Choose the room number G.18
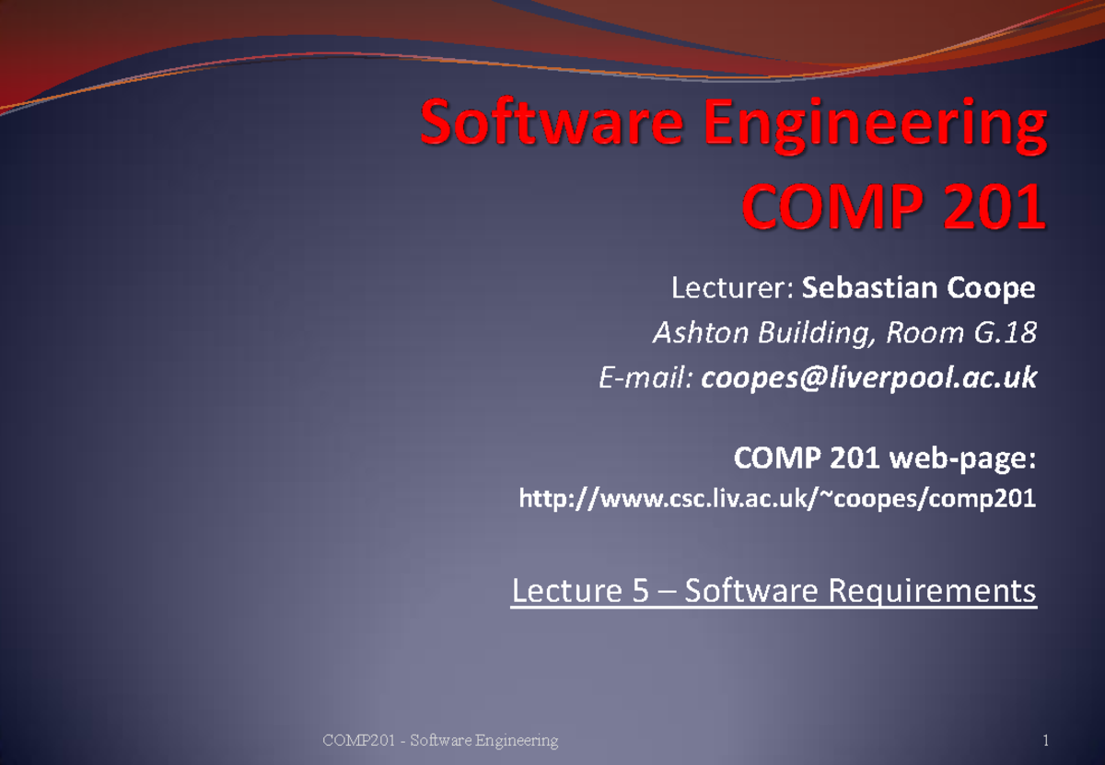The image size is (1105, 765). coord(1005,333)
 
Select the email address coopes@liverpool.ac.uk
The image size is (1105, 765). coord(868,377)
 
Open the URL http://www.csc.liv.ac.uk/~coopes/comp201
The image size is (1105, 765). coord(777,500)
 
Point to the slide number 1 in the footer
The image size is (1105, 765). coord(1046,740)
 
